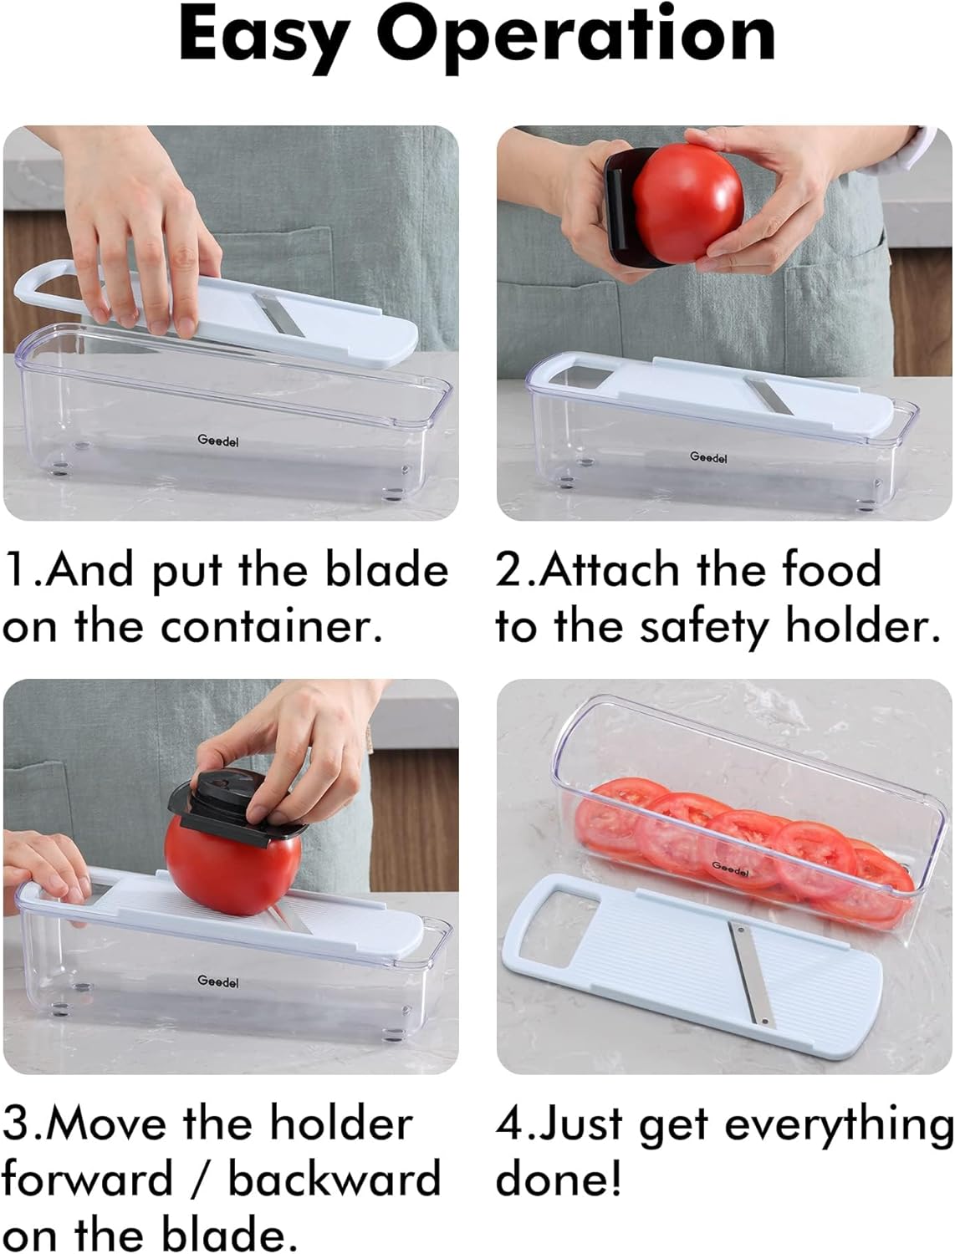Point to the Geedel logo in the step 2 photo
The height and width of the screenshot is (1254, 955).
tap(708, 457)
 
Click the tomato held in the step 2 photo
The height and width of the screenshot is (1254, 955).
tap(688, 202)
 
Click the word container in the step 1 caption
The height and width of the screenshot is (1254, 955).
tap(272, 627)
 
